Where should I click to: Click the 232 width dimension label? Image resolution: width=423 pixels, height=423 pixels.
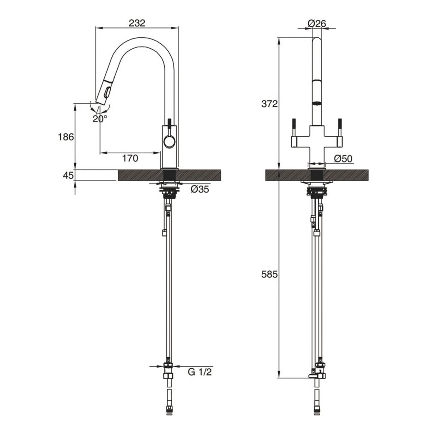pos(137,23)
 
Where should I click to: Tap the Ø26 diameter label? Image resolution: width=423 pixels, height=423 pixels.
pos(317,23)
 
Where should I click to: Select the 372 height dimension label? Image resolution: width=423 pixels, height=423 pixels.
pos(270,104)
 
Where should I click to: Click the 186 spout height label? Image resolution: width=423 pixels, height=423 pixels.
pos(66,137)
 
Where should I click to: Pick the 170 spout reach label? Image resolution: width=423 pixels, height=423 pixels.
pos(130,159)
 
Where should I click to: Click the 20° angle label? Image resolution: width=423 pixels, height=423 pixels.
pos(100,119)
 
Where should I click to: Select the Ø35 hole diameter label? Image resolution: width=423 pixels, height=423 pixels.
pos(200,190)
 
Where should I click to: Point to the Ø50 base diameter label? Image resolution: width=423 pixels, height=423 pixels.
pos(343,159)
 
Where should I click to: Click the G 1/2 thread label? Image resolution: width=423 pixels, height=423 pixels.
pos(200,372)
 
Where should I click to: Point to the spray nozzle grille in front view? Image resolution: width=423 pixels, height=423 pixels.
pos(318,103)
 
